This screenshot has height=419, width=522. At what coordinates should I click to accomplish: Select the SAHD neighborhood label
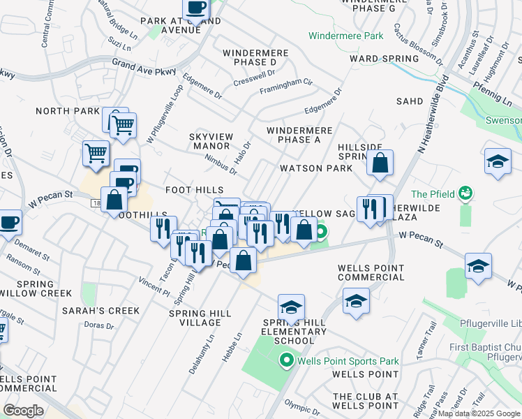click(410, 101)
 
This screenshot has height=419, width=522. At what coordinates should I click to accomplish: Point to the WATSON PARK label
click(311, 168)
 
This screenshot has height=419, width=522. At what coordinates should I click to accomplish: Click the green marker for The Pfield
click(466, 193)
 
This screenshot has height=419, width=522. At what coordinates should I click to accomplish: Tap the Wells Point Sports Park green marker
click(286, 361)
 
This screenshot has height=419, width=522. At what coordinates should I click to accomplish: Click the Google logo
click(23, 411)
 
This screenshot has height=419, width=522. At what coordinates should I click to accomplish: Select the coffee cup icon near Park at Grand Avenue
click(196, 8)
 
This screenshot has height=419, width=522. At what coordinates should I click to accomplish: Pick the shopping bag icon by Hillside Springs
click(380, 163)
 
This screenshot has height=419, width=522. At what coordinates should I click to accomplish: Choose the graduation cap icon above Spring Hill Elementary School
click(291, 307)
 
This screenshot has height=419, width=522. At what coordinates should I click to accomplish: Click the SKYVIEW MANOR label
click(210, 141)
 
